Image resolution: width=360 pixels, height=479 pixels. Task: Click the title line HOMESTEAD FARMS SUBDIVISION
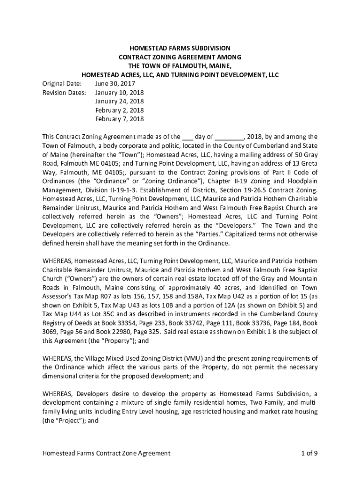180,48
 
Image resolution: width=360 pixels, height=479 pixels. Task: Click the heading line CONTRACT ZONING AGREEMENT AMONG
180,57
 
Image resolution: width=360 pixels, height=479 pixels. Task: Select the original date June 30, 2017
112,83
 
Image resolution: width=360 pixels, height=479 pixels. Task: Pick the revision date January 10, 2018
119,92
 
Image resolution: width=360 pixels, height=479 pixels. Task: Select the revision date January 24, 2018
119,101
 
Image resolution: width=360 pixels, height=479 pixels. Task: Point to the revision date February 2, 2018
119,110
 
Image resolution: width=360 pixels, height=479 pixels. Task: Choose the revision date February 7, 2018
119,119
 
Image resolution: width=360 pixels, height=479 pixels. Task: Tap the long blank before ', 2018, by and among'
229,138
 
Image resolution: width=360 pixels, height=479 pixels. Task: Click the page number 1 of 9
310,453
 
